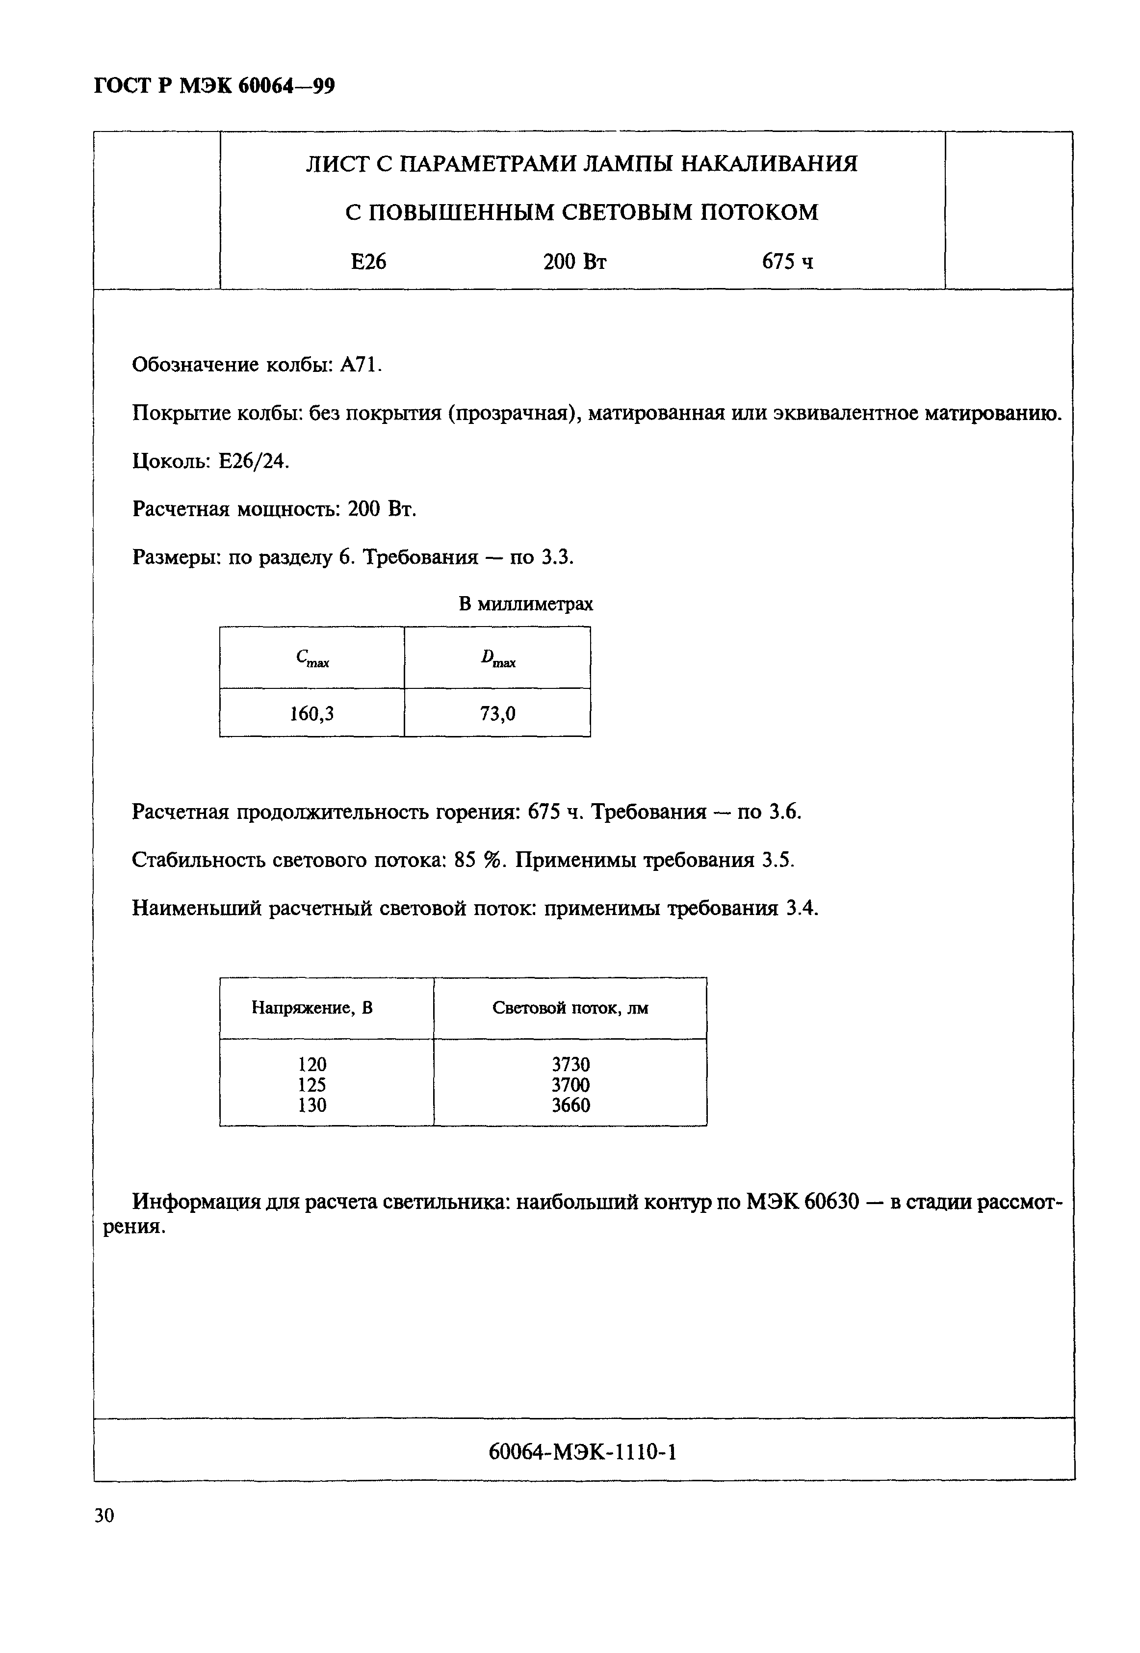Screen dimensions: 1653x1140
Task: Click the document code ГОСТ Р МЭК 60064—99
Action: coord(214,86)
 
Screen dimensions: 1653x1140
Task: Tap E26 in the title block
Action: coord(368,262)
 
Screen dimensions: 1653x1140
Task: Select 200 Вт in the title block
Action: coord(574,262)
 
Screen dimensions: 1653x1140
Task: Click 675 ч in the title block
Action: coord(787,262)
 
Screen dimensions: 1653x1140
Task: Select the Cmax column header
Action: coord(312,658)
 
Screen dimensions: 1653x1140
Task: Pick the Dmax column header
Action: coord(498,658)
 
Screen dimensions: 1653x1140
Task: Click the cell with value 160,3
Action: coord(311,713)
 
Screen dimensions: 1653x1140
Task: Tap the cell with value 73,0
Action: coord(498,713)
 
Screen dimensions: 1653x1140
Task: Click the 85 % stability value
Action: coord(479,860)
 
